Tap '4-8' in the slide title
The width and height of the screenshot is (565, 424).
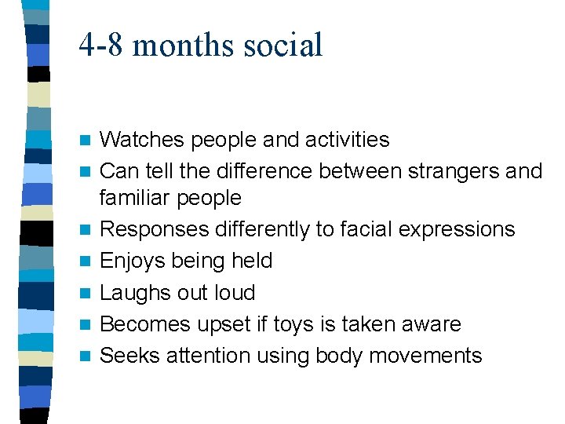pyautogui.click(x=101, y=46)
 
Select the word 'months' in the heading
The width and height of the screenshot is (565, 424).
pyautogui.click(x=182, y=46)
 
